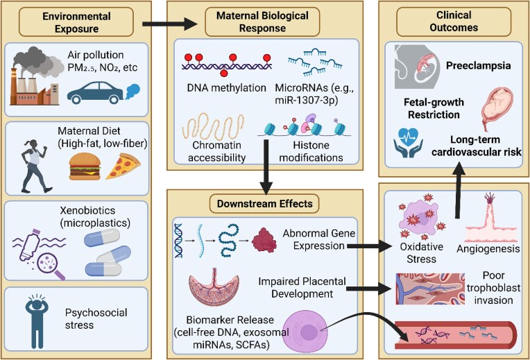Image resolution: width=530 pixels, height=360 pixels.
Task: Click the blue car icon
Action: (95, 92)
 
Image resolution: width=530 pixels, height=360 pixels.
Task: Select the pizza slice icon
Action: (123, 166)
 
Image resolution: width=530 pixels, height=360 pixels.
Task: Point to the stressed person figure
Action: (37, 320)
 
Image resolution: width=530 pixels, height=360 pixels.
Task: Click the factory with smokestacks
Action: (35, 85)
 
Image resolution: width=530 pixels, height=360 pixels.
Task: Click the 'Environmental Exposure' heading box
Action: (76, 22)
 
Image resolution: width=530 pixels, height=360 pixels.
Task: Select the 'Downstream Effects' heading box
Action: (264, 204)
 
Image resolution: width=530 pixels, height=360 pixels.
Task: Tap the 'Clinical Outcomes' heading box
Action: (454, 22)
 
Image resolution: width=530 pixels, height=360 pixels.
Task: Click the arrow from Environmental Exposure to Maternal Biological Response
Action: (170, 24)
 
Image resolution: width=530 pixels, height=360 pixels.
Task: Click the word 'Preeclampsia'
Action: (478, 66)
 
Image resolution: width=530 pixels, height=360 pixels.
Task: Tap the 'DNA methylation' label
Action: (226, 88)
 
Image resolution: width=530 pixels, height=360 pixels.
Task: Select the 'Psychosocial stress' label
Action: (96, 319)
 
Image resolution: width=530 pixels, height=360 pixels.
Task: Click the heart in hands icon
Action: (408, 143)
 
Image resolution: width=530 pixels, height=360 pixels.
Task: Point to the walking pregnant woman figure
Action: (35, 166)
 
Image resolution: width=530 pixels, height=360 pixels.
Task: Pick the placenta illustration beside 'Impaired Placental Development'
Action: (214, 287)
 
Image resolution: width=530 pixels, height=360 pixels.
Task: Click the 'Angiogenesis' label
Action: (488, 249)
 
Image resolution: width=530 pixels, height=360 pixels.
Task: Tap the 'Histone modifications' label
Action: (311, 151)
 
